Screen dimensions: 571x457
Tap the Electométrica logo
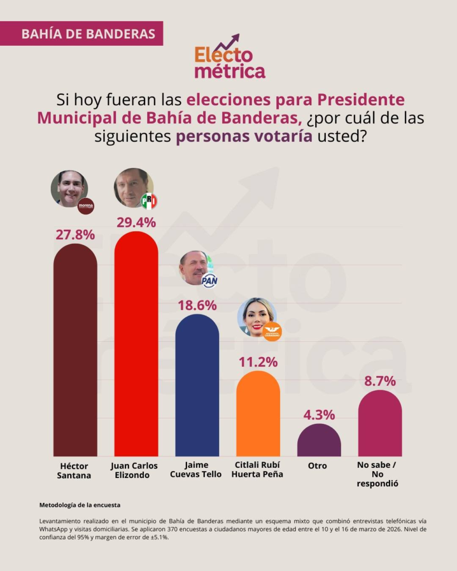(x=229, y=58)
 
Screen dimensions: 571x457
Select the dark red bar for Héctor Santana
(x=75, y=351)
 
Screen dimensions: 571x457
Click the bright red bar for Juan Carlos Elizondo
(x=136, y=346)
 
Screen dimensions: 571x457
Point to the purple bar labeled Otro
(x=319, y=441)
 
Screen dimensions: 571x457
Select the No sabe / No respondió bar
(x=380, y=424)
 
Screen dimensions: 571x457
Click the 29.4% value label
(x=136, y=221)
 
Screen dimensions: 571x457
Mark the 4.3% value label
(x=319, y=415)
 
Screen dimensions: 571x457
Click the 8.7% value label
(x=380, y=381)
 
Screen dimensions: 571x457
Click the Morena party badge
(x=85, y=206)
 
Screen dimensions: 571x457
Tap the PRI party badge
(x=149, y=201)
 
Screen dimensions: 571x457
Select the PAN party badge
(x=209, y=280)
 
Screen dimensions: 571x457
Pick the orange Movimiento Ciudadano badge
(x=272, y=330)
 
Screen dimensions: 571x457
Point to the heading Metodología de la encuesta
(x=80, y=505)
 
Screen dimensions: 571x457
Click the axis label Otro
(x=318, y=466)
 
